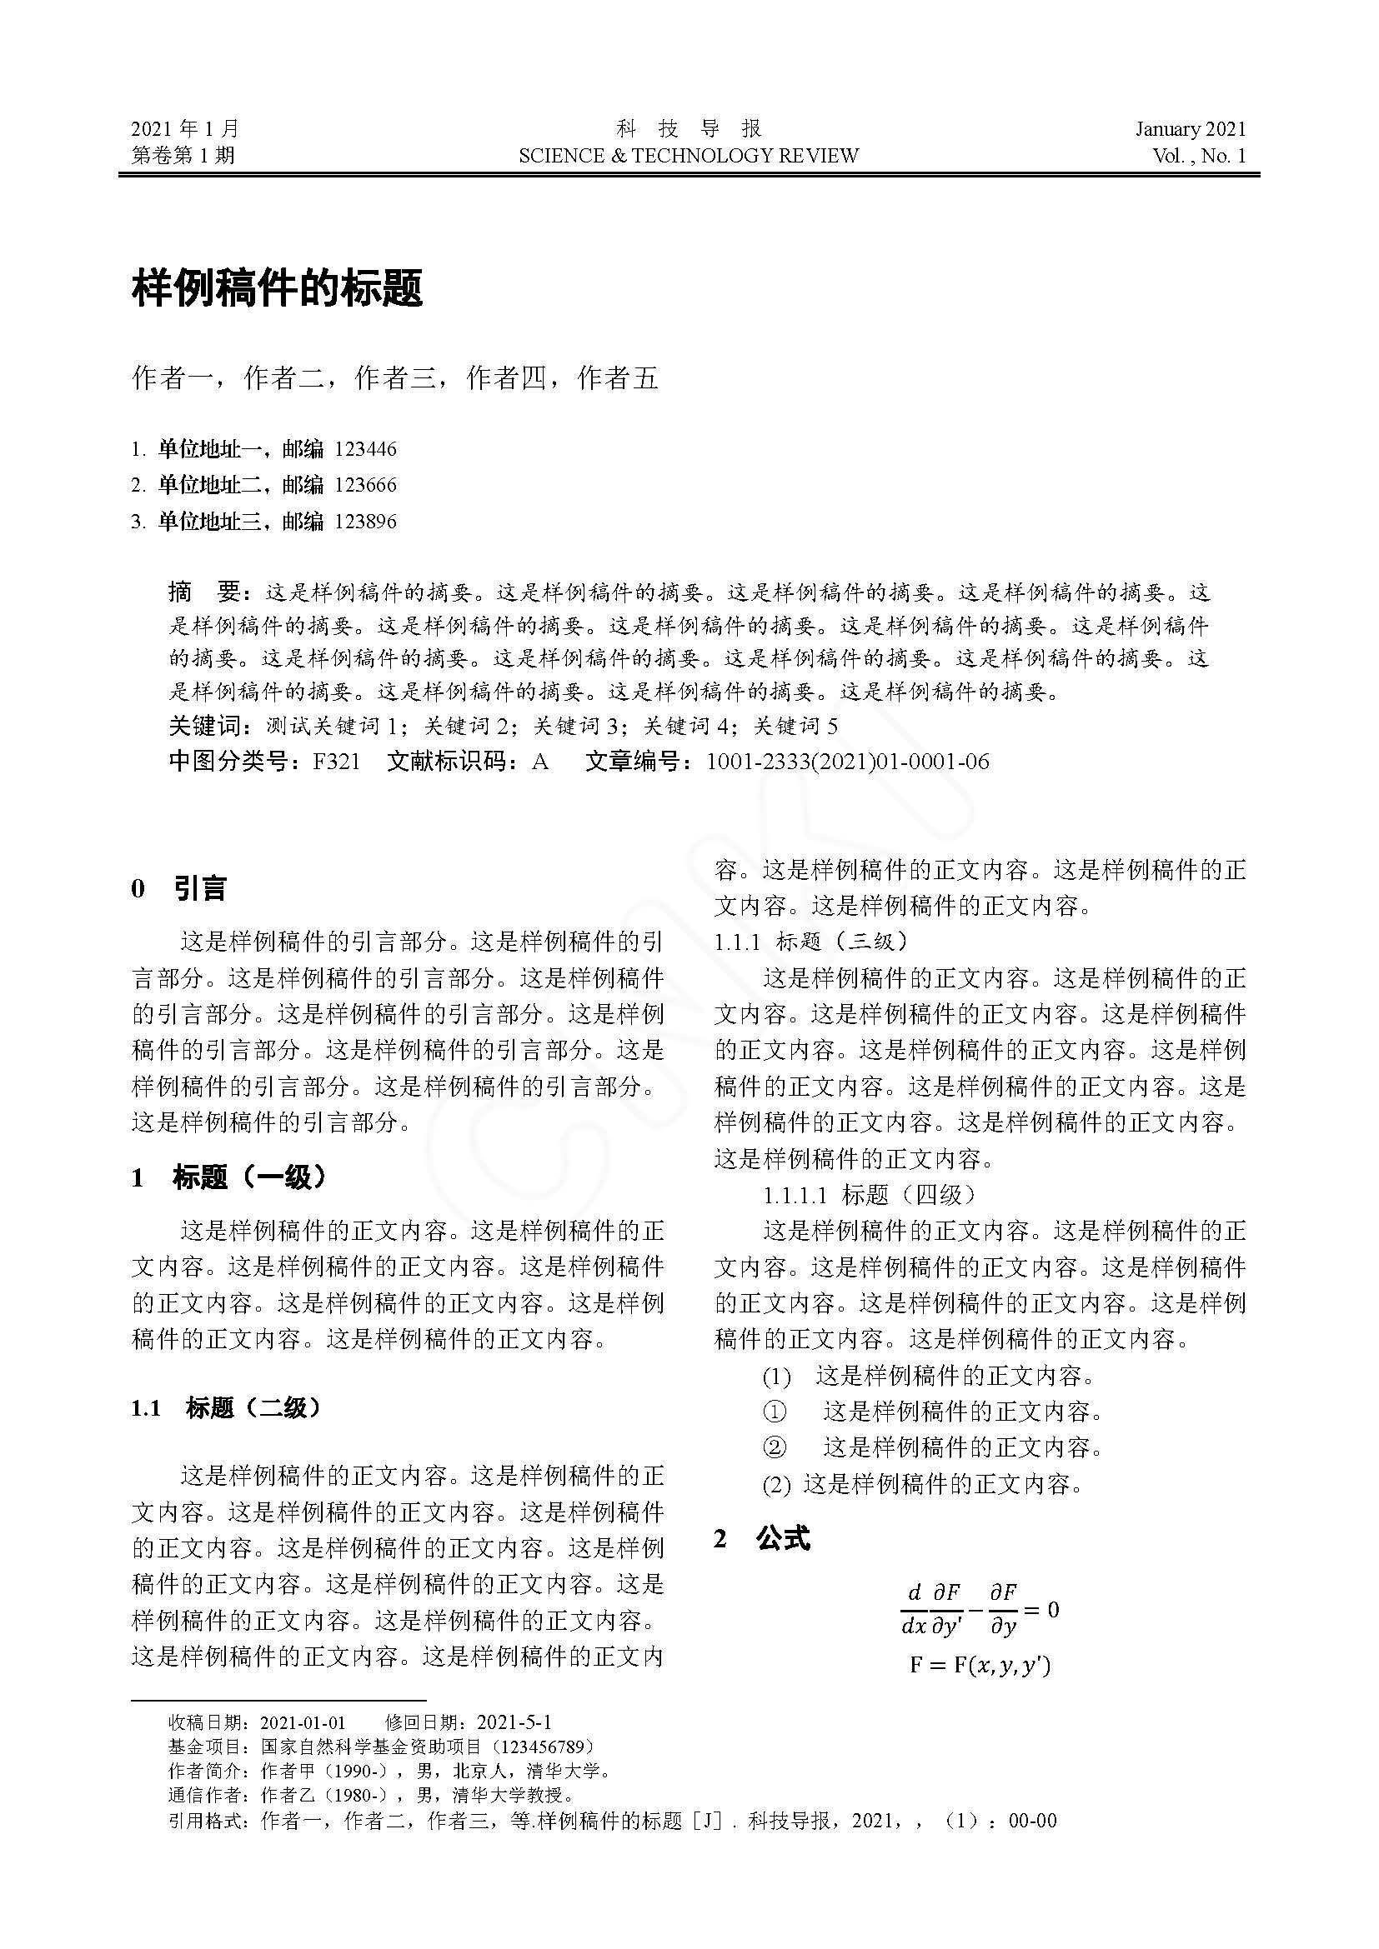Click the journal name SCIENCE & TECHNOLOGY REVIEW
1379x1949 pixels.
click(689, 156)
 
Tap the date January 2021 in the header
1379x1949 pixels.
click(1191, 129)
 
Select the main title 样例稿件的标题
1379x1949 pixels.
click(277, 288)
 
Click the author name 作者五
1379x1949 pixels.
click(617, 378)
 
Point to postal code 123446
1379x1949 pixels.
click(365, 449)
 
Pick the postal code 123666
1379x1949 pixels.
click(365, 486)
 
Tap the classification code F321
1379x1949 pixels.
click(336, 762)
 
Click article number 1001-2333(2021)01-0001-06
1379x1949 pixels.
click(847, 762)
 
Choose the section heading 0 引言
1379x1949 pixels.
click(179, 889)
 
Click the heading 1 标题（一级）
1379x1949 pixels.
click(229, 1177)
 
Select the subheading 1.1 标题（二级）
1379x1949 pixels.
click(227, 1408)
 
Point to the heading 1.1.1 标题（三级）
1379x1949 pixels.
click(811, 941)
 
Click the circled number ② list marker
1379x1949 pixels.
click(775, 1447)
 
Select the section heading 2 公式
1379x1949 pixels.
click(762, 1538)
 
